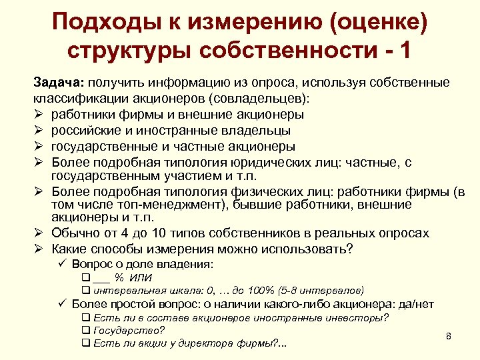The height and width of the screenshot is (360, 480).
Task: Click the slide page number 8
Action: (x=449, y=335)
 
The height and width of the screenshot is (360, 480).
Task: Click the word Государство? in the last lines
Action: (x=129, y=330)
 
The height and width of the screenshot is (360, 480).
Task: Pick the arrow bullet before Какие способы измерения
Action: (x=39, y=249)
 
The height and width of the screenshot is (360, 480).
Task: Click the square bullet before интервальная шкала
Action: (x=85, y=291)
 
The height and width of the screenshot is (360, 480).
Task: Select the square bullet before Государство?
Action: (x=85, y=330)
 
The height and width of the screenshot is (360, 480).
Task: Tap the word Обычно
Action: (x=72, y=233)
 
